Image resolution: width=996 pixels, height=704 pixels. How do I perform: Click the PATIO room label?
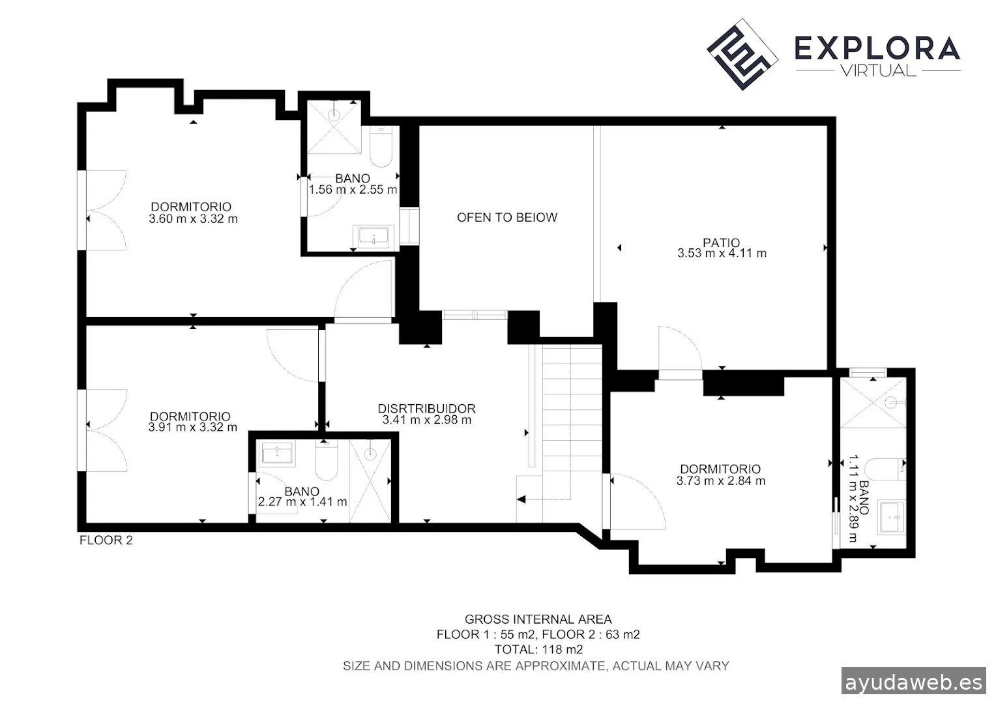pyautogui.click(x=721, y=242)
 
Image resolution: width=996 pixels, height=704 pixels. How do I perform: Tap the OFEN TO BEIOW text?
pyautogui.click(x=507, y=218)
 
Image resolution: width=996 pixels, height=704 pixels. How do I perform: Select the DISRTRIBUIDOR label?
pyautogui.click(x=426, y=408)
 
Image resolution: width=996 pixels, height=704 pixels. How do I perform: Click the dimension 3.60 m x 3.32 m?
pyautogui.click(x=193, y=219)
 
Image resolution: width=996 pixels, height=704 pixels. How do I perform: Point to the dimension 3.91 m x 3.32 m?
pyautogui.click(x=192, y=428)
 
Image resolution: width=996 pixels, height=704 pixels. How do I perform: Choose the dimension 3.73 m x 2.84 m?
pyautogui.click(x=721, y=481)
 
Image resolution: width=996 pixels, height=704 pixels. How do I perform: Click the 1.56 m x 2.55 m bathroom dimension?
pyautogui.click(x=353, y=190)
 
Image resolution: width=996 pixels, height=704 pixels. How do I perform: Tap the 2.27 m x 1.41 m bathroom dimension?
pyautogui.click(x=302, y=502)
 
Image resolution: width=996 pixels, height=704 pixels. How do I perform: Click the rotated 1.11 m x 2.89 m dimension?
pyautogui.click(x=853, y=498)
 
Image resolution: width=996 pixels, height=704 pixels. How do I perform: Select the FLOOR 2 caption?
pyautogui.click(x=106, y=540)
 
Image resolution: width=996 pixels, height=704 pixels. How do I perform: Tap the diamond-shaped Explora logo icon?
pyautogui.click(x=742, y=54)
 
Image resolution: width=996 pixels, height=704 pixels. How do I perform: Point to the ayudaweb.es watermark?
pyautogui.click(x=914, y=682)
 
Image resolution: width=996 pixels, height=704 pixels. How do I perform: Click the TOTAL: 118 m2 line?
pyautogui.click(x=538, y=650)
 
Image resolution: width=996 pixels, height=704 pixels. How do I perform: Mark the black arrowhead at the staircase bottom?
pyautogui.click(x=521, y=499)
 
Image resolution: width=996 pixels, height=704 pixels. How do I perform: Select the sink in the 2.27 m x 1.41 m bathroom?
pyautogui.click(x=277, y=454)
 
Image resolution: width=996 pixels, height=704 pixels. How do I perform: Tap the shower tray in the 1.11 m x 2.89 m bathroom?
pyautogui.click(x=873, y=402)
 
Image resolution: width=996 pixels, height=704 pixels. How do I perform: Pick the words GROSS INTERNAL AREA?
pyautogui.click(x=538, y=619)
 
